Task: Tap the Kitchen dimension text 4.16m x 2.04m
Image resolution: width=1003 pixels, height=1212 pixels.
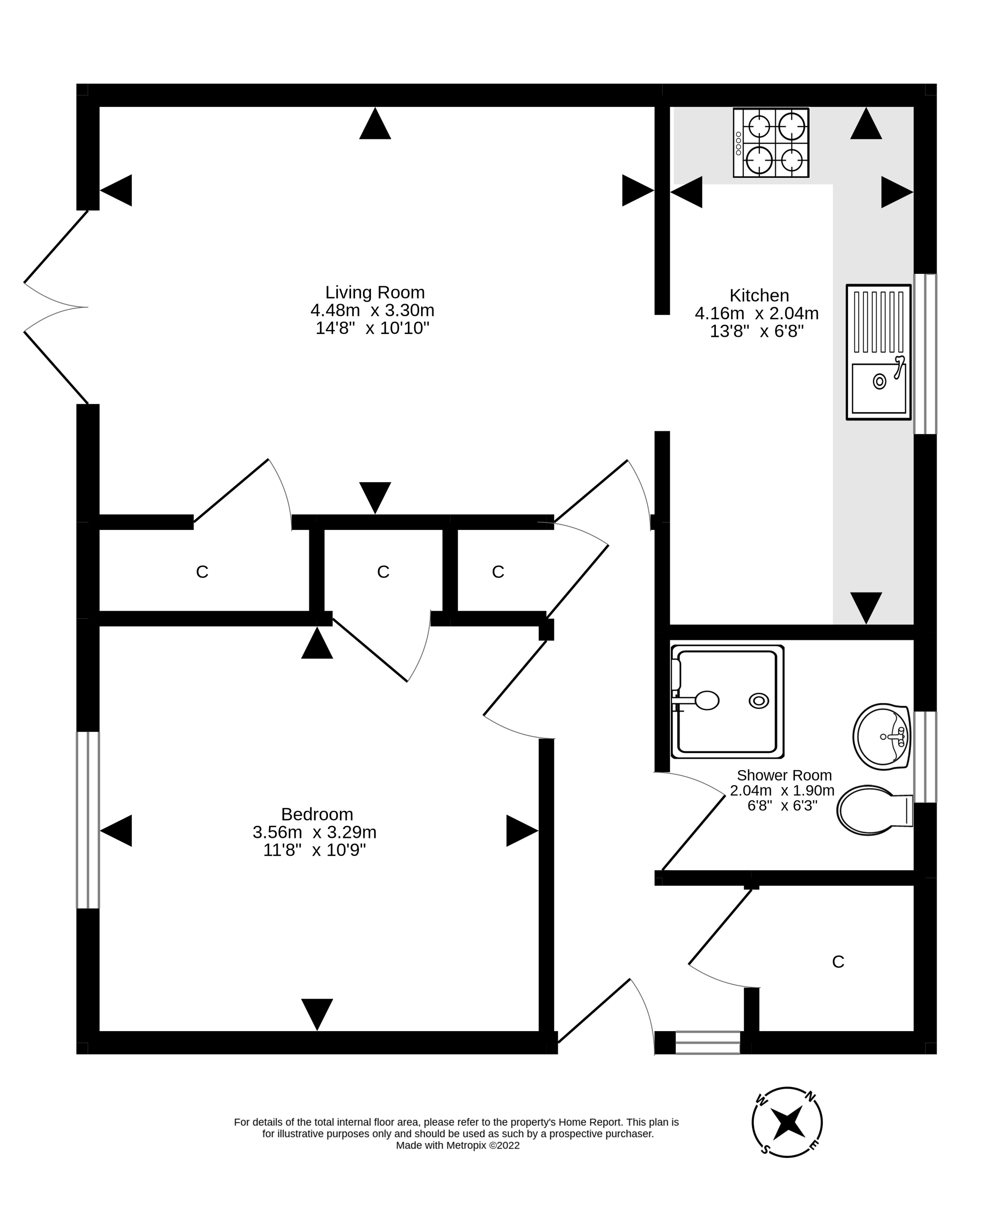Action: coord(756,313)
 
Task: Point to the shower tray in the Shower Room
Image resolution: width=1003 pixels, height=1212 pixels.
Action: coord(727,701)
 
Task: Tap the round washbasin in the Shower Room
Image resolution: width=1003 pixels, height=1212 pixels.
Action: coord(881,736)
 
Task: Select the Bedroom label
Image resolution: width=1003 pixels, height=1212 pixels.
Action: coord(317,814)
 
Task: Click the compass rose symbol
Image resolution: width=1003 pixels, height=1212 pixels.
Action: coord(787,1122)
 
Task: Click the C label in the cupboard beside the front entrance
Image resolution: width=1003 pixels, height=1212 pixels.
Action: coord(837,962)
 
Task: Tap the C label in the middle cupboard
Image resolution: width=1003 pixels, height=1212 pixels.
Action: coord(383,571)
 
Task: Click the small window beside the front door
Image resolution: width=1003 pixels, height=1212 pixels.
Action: coord(707,1042)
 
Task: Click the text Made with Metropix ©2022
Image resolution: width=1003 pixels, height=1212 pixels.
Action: coord(457,1146)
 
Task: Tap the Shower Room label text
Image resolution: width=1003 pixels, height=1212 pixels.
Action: coord(784,775)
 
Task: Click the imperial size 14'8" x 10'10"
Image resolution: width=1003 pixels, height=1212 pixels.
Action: coord(372,328)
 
